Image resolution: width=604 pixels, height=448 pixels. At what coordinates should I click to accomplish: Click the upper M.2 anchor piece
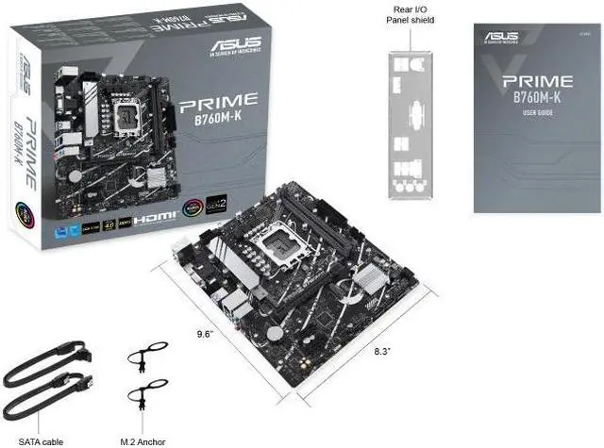pyautogui.click(x=147, y=355)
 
